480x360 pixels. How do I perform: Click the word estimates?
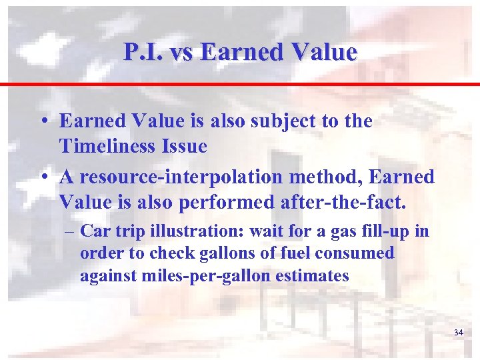click(313, 276)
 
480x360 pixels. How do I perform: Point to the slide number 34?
click(458, 332)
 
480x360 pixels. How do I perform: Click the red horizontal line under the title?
click(240, 85)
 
